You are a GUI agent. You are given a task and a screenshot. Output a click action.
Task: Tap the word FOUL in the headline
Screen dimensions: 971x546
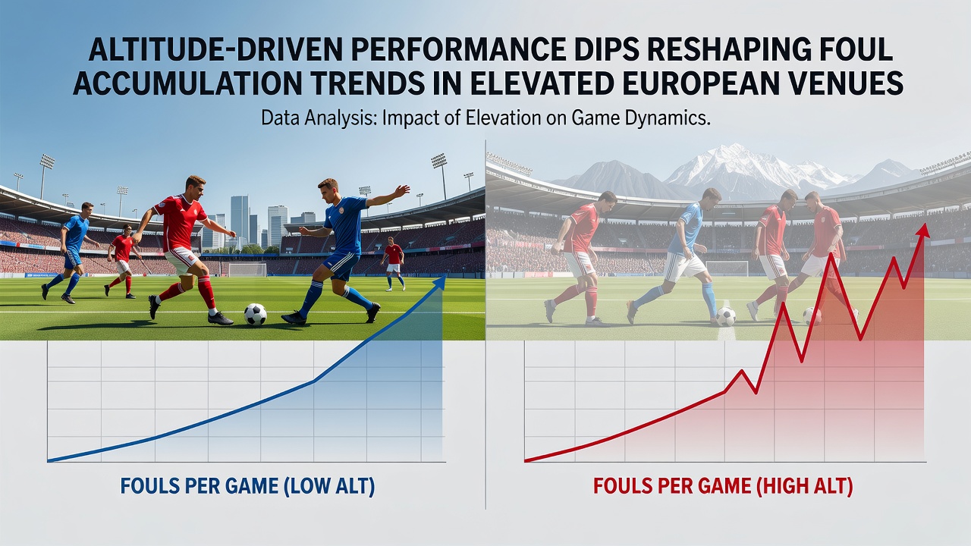[850, 51]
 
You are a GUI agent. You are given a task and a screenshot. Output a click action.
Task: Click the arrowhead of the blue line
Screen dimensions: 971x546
[440, 282]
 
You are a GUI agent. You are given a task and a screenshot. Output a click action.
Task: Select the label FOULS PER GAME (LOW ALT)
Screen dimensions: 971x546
[247, 486]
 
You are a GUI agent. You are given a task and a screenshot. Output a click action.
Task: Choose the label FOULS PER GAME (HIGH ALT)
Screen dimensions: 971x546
[723, 486]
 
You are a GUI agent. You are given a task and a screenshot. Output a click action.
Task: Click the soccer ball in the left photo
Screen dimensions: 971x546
[256, 314]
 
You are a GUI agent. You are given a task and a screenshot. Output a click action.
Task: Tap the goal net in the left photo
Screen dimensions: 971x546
[247, 269]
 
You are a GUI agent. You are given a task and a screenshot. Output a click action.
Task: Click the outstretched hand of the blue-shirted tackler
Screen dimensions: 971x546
[403, 190]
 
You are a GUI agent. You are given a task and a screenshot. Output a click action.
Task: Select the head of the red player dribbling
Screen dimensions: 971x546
[195, 187]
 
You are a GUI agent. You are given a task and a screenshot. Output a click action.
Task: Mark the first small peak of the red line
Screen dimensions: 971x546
[742, 372]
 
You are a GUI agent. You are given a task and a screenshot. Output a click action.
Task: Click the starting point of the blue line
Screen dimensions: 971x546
[48, 460]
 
